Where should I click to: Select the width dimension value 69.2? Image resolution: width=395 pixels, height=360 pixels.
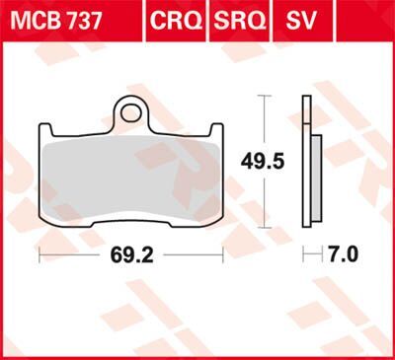tap(131, 254)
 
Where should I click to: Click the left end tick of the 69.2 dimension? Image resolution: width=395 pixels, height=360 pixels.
tap(39, 254)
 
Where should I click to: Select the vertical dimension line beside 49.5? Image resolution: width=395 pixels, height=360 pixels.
tap(263, 128)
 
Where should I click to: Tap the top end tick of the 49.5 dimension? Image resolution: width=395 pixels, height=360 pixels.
tap(263, 96)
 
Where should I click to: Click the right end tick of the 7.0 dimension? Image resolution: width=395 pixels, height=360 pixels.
tap(322, 254)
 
